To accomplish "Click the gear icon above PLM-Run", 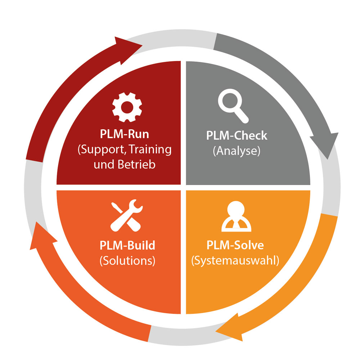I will [x=127, y=107].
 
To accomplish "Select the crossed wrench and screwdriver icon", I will [x=126, y=215].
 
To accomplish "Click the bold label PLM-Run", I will [x=124, y=134].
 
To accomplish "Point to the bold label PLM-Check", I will [x=237, y=136].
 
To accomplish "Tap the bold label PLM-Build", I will [x=127, y=246].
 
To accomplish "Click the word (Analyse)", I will [x=236, y=150].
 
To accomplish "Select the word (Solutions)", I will [x=127, y=260].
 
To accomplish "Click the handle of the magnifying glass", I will [x=242, y=115].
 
